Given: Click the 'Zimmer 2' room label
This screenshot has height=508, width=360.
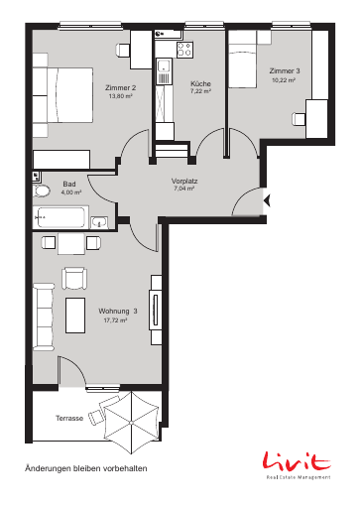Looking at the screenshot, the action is (120, 87).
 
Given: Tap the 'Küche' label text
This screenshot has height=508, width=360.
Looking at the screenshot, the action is (200, 83).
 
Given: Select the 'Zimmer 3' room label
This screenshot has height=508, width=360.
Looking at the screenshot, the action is (285, 70).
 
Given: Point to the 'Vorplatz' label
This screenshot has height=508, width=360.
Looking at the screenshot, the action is (184, 182).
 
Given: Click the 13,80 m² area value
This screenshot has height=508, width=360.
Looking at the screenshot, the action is (120, 96).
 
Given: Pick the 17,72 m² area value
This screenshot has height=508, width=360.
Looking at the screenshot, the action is (115, 320).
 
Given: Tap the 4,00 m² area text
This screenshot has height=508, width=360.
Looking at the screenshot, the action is (71, 192).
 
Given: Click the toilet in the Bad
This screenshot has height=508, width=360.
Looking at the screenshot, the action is (42, 191).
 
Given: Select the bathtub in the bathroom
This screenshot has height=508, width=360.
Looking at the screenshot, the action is (60, 217).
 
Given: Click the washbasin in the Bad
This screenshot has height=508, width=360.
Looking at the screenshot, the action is (99, 222).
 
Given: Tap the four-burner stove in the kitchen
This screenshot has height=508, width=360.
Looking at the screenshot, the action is (184, 50).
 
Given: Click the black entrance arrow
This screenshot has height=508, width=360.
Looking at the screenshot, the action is (267, 200).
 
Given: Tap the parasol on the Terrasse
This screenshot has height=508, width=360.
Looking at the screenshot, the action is (132, 423).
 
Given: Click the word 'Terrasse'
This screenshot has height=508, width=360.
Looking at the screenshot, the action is (69, 418).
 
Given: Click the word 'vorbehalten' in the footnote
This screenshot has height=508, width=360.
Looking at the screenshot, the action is (125, 468).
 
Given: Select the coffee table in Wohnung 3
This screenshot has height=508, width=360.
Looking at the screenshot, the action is (75, 316).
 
